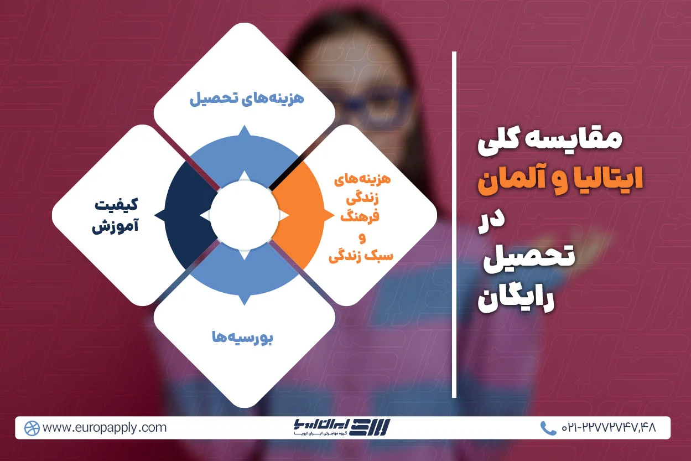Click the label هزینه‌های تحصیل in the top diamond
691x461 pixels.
coord(247,99)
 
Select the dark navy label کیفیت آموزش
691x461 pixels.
coord(115,215)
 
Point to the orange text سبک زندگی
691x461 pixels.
coord(361,256)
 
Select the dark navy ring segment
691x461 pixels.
coord(186,216)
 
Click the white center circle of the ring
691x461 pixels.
coord(244,215)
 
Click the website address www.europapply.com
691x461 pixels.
coord(104,428)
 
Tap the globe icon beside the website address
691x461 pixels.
coord(32,428)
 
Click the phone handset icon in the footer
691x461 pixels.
coord(548,428)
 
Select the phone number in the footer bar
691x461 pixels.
coord(609,428)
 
